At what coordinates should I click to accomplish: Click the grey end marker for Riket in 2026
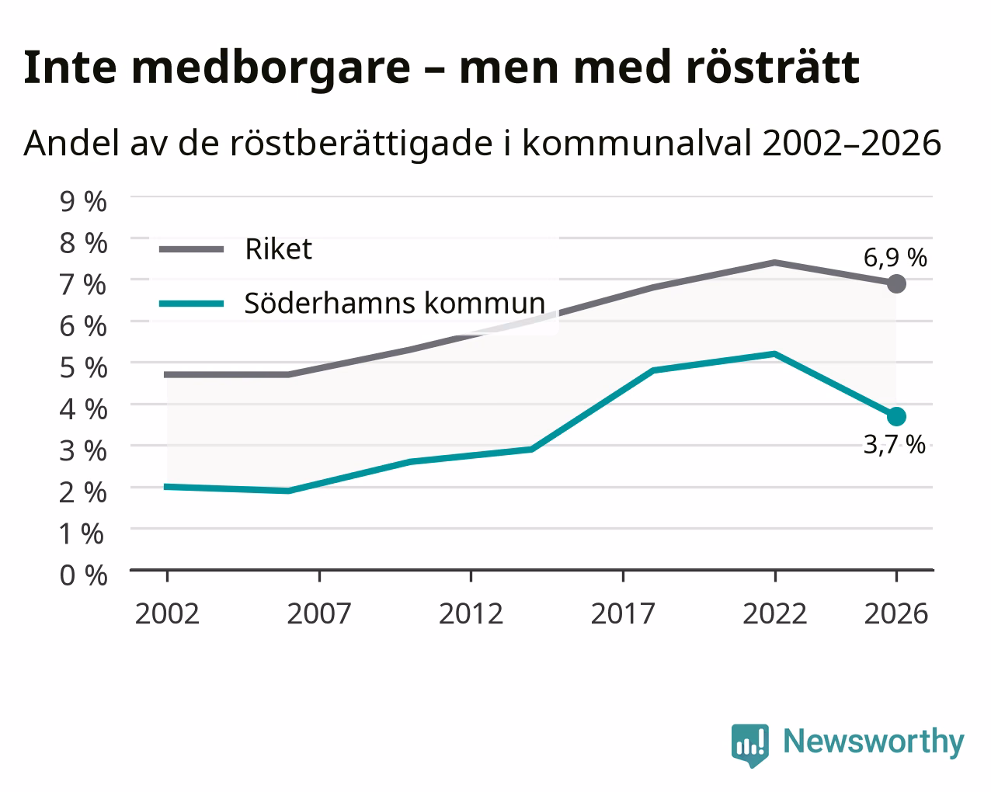896,283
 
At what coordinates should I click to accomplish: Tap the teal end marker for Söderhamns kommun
896,417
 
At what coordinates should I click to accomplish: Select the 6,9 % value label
895,258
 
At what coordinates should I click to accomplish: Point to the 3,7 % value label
894,445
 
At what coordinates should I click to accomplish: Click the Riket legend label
279,249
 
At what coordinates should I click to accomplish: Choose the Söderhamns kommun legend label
395,304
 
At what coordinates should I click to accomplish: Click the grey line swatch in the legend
192,249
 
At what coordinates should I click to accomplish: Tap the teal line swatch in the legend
192,304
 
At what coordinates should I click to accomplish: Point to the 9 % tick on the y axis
83,201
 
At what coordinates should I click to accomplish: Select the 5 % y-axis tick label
83,367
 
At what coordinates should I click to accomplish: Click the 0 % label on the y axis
83,575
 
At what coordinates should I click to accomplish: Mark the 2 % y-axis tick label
83,492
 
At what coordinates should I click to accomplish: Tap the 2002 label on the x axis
167,613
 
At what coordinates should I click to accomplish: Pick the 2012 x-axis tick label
471,613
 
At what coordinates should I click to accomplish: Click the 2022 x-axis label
775,613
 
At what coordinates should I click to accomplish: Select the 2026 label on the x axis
896,613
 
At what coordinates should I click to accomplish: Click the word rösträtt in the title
773,68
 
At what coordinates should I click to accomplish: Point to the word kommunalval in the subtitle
637,143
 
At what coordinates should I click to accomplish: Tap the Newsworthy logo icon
750,745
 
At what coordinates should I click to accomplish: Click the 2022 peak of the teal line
775,354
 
